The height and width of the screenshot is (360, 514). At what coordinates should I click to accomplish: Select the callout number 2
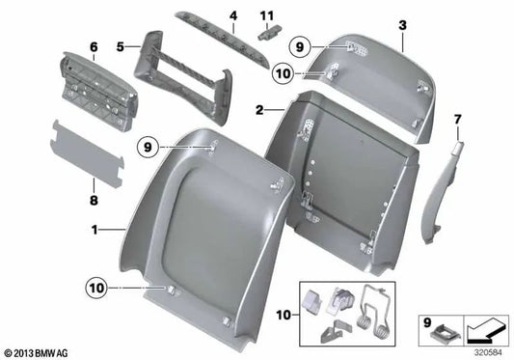click(259, 111)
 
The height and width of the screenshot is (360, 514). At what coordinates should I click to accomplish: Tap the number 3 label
click(402, 24)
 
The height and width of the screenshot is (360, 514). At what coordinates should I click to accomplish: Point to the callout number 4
click(232, 15)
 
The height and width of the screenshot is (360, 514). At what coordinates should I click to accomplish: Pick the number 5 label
click(121, 45)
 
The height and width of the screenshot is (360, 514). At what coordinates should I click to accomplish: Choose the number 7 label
click(458, 119)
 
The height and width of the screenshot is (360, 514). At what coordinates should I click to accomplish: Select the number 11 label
click(270, 15)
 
